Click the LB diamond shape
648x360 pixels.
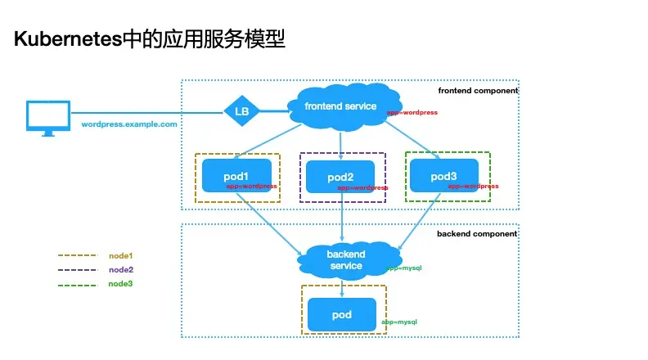point(241,110)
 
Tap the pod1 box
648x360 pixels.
point(236,177)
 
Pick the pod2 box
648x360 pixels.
point(340,177)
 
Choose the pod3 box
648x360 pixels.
point(443,176)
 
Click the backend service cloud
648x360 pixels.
point(346,259)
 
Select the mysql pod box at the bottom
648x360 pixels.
point(342,315)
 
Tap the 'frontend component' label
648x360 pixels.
point(478,91)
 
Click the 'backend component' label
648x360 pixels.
point(477,234)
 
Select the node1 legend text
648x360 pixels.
point(120,256)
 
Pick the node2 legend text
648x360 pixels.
point(120,270)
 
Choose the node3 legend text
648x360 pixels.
point(120,284)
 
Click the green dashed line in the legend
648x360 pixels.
point(77,285)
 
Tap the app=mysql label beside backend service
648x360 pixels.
point(403,268)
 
